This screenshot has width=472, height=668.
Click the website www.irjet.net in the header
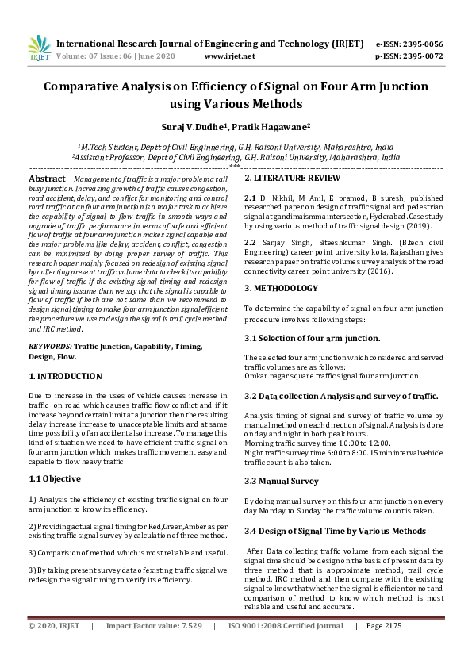(229, 56)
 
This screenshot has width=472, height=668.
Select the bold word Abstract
(47, 180)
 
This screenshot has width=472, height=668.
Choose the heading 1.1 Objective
(55, 478)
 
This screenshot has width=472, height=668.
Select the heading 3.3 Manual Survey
(282, 481)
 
